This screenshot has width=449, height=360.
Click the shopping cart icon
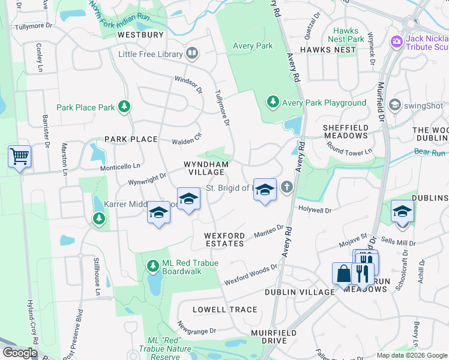pos(20,157)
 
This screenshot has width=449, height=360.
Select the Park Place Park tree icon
pos(124,107)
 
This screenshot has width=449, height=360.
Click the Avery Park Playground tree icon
pos(273,102)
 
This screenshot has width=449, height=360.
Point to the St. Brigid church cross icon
pos(287,188)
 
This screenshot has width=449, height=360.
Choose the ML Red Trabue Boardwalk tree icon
pos(153,265)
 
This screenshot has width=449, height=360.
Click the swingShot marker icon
pos(395,105)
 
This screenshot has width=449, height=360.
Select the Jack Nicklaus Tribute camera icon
pos(396,41)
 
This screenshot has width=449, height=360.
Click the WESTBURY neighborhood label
pos(140,35)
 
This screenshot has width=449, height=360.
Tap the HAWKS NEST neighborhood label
pos(328,50)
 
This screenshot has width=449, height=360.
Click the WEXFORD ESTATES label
pos(224,239)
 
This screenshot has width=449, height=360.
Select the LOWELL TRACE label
pos(225,310)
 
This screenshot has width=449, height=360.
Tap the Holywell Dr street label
pos(315,211)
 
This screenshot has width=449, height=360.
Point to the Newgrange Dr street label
pos(196,326)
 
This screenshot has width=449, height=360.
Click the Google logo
pos(20,353)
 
